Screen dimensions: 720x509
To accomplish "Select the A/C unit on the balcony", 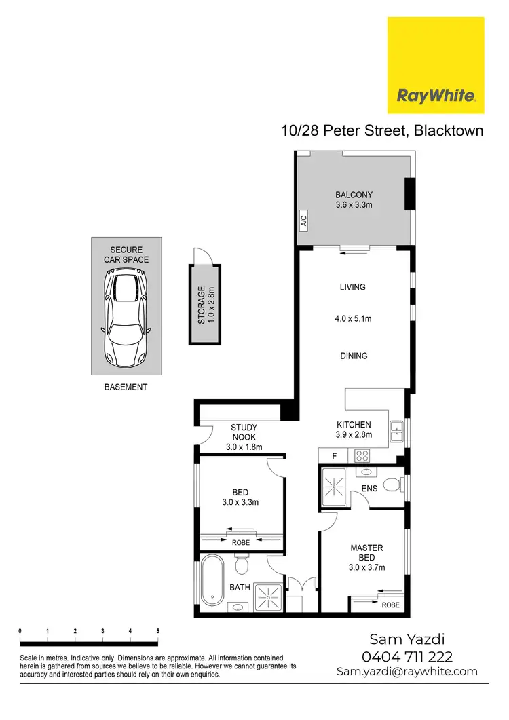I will click(303, 221).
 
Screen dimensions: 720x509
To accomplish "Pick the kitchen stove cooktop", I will click(362, 457).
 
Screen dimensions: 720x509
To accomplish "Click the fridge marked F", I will click(333, 457).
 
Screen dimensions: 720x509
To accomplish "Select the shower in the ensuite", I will click(333, 487).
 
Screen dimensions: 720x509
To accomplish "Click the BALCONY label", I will click(354, 195).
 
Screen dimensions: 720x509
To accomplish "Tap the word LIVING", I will click(352, 287).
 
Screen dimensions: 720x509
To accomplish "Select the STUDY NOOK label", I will click(244, 432).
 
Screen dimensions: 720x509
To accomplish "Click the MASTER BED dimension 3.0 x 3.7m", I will click(366, 568).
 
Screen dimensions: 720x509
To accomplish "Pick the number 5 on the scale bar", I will click(157, 631).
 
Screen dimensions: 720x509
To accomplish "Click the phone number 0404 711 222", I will click(409, 656).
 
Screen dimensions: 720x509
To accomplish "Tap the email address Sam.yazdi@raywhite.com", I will click(407, 672).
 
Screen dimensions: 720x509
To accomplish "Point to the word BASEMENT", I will click(126, 387).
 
